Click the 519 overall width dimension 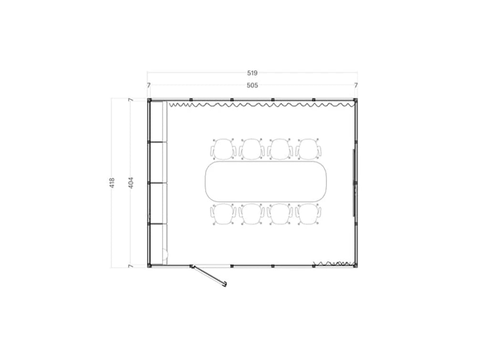coord(252,73)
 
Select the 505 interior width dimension coord(252,85)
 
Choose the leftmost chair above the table coord(223,149)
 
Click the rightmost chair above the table coord(308,149)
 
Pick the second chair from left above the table coord(251,149)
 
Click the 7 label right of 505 coord(356,85)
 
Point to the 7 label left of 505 coord(149,85)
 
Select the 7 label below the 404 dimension coord(130,266)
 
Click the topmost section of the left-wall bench coord(157,122)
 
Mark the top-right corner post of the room coord(355,100)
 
